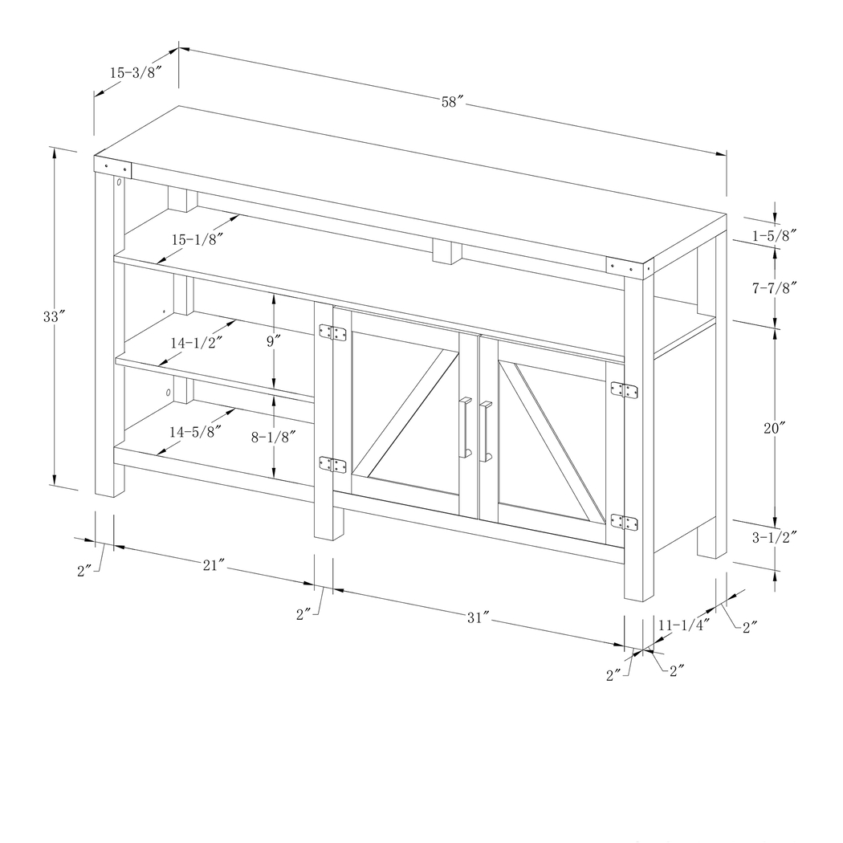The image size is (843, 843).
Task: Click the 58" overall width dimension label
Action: (453, 102)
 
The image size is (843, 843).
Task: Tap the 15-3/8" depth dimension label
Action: (136, 72)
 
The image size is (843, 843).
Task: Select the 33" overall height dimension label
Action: (53, 316)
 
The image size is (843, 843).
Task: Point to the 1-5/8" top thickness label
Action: (774, 235)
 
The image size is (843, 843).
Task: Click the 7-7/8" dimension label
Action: (774, 287)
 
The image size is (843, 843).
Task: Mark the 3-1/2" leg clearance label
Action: (774, 538)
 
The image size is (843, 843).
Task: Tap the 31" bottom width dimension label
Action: (478, 617)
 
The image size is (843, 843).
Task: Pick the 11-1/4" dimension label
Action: (684, 625)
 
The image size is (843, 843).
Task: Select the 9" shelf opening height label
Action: (274, 340)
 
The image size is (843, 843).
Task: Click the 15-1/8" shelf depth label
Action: (197, 238)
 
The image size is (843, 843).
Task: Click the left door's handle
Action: (463, 426)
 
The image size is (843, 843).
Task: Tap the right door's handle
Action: (484, 431)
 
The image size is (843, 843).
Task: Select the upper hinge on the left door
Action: (332, 332)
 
